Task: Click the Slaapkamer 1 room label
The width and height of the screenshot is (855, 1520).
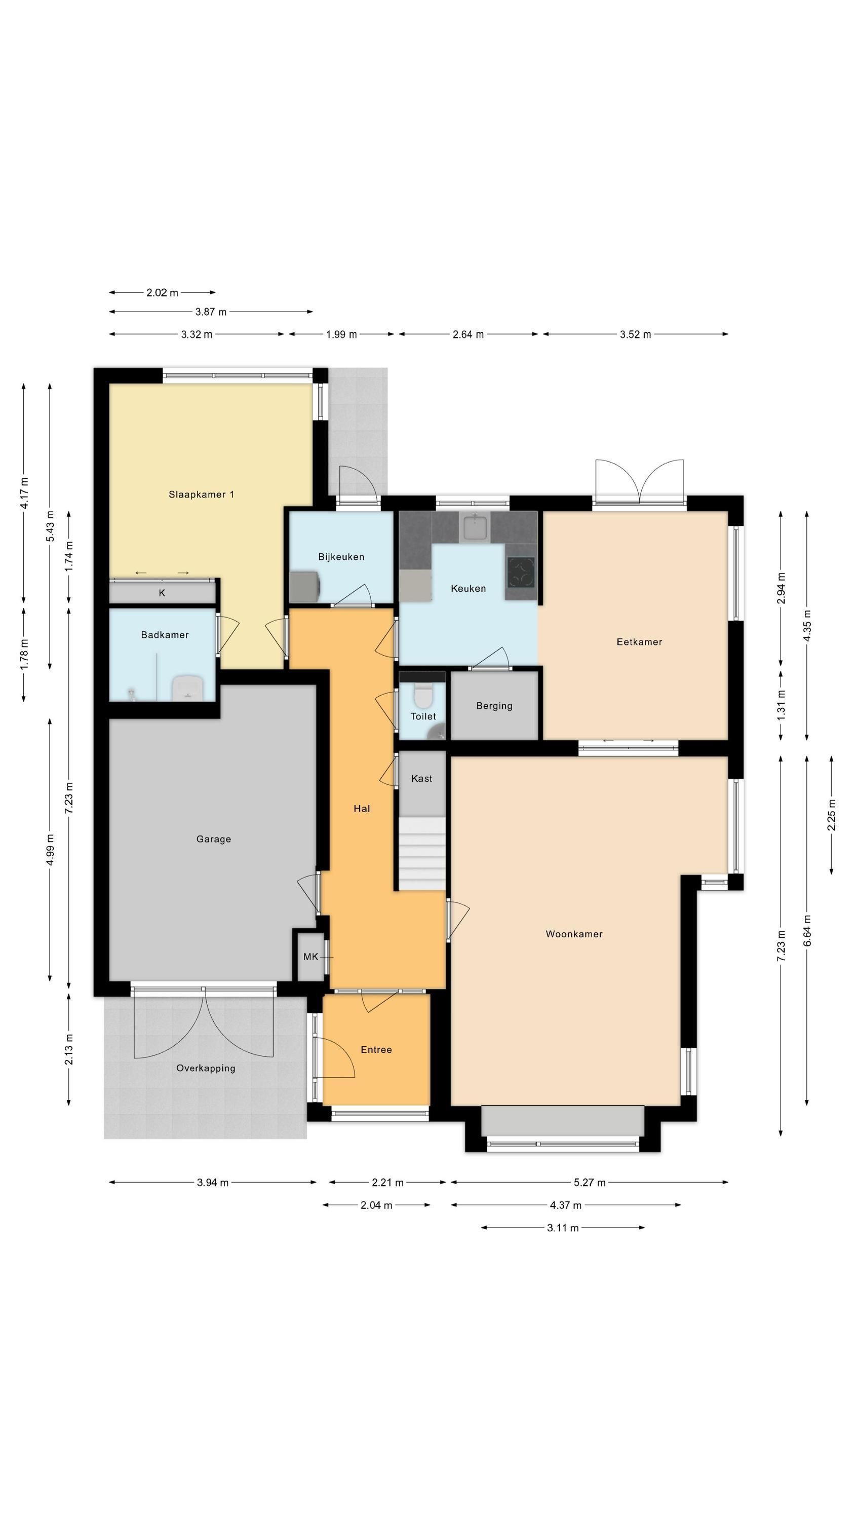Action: (x=201, y=495)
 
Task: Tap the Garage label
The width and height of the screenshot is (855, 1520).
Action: (x=214, y=839)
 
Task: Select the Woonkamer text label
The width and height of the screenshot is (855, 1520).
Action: (x=574, y=934)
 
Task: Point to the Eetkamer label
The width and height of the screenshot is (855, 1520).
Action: (x=639, y=642)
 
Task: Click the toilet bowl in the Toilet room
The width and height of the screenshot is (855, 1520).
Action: (x=422, y=695)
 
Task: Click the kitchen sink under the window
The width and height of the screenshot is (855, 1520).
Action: (x=475, y=527)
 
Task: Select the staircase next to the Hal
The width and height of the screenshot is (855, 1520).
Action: (x=422, y=853)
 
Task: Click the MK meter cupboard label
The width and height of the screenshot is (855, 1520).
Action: (x=310, y=957)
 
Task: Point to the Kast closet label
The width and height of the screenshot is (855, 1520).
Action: (x=421, y=779)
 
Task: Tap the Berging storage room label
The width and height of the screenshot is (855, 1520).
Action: (x=494, y=706)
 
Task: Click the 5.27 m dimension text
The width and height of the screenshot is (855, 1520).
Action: (x=590, y=1183)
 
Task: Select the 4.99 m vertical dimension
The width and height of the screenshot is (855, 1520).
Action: (x=50, y=850)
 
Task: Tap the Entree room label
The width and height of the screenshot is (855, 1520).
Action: (x=376, y=1050)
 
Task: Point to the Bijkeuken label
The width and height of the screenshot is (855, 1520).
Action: (x=341, y=557)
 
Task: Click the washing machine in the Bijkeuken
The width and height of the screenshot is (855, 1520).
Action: (x=304, y=587)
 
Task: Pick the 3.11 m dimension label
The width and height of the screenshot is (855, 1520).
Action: (x=563, y=1228)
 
